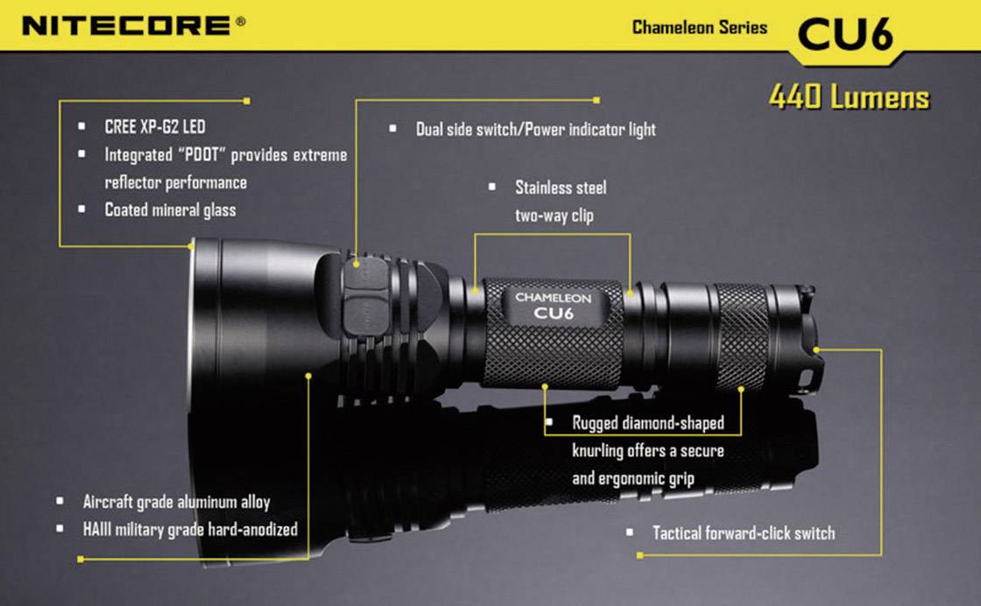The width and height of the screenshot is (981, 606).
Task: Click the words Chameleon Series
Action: coord(699,27)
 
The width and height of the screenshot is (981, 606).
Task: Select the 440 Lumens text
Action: coord(849,96)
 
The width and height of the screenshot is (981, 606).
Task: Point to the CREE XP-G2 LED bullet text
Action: coord(154,128)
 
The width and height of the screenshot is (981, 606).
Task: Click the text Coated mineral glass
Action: coord(170,210)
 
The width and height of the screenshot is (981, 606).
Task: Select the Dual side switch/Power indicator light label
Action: coord(535,130)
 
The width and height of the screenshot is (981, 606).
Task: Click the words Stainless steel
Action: coord(560,187)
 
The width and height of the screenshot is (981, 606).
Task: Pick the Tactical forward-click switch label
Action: coord(743,532)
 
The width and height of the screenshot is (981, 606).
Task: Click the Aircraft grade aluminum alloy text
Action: coord(176,503)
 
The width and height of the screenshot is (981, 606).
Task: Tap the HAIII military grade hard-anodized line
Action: coord(190,529)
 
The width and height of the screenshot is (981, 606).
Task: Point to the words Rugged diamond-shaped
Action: coord(648,423)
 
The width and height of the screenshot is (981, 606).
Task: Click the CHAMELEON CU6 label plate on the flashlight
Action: coord(553,305)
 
